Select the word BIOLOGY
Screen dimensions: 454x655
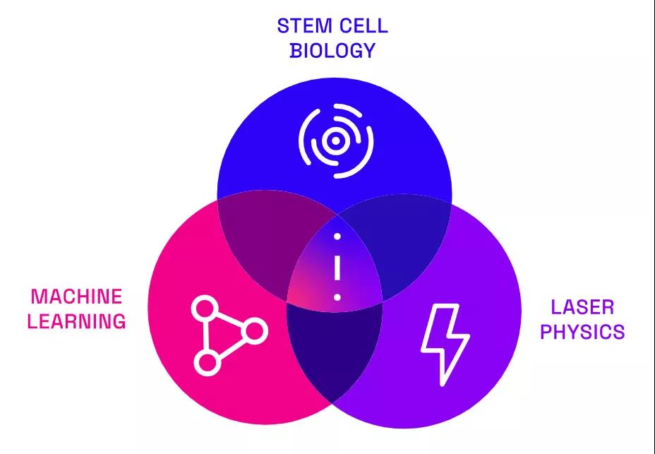point(332,51)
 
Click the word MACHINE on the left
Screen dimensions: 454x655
point(76,297)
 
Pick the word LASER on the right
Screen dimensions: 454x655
point(582,307)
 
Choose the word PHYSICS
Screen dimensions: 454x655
point(582,331)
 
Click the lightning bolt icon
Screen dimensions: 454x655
point(445,344)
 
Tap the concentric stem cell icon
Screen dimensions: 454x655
point(337,141)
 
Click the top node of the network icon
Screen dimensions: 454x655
point(205,309)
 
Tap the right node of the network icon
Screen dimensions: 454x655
point(256,330)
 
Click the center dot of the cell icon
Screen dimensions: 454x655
point(337,141)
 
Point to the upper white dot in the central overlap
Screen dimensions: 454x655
point(337,236)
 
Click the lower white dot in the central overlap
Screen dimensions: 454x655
point(337,297)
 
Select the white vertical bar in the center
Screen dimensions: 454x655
point(337,267)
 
